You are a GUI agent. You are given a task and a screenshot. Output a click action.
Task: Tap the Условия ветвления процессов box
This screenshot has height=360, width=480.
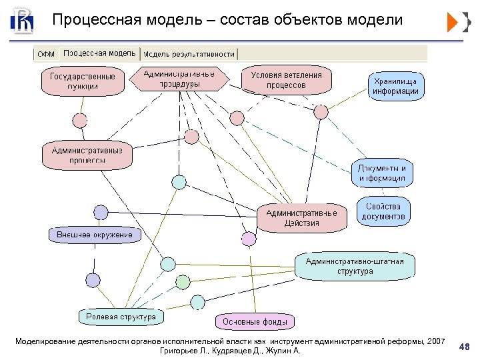coord(286,79)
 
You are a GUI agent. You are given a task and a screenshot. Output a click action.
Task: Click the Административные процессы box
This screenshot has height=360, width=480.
coord(87,155)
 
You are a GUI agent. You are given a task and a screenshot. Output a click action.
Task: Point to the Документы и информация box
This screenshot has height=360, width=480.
coord(382,173)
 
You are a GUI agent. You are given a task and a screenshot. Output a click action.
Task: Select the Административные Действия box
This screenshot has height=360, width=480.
coord(302,218)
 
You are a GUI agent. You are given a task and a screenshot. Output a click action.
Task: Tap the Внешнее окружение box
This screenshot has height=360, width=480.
coord(95,235)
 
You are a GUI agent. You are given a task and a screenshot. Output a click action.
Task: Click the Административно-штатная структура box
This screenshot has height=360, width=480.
coord(355,265)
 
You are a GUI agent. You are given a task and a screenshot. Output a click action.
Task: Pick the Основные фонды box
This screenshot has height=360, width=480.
coord(255,321)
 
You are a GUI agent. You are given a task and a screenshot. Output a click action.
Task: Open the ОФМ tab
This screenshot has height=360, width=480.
coord(46,54)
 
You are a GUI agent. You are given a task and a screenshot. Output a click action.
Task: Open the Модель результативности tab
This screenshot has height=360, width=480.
coord(189,54)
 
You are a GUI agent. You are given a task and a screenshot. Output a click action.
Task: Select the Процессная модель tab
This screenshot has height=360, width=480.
coord(99,53)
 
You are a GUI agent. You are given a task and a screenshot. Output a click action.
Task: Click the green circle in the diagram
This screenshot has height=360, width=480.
coord(183,281)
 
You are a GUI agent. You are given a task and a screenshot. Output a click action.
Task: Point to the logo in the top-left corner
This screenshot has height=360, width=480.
coord(22,21)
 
